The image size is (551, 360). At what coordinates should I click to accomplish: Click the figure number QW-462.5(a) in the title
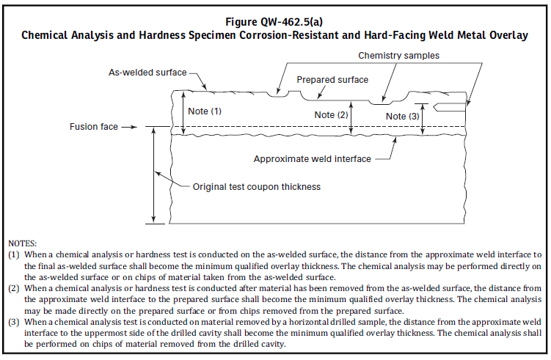[291, 22]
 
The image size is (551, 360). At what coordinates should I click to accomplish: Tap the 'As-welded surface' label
[147, 73]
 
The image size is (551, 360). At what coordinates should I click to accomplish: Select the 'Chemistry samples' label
[399, 56]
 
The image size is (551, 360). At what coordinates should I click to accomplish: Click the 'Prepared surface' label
[332, 80]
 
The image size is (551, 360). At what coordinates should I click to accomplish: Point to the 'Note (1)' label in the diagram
[205, 111]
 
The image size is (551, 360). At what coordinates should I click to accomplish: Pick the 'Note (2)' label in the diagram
[331, 115]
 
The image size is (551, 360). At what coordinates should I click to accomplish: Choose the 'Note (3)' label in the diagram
[403, 117]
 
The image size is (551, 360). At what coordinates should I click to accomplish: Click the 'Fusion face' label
[94, 126]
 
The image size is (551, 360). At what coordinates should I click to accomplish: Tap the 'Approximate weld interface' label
[313, 159]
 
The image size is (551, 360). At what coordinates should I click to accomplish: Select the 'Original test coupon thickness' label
[257, 187]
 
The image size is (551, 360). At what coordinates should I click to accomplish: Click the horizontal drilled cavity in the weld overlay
[450, 108]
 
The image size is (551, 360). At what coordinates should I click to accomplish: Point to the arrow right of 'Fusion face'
[129, 127]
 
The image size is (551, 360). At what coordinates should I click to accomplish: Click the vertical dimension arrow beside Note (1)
[183, 112]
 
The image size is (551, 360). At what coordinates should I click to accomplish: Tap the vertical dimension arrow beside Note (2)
[351, 117]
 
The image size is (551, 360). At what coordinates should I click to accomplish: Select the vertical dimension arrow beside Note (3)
[423, 120]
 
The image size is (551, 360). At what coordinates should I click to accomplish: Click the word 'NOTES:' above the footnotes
[23, 243]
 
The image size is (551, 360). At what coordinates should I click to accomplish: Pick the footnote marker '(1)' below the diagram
[14, 254]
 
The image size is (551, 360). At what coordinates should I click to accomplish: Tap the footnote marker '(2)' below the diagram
[14, 288]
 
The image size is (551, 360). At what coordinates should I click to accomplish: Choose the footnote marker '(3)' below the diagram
[14, 322]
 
